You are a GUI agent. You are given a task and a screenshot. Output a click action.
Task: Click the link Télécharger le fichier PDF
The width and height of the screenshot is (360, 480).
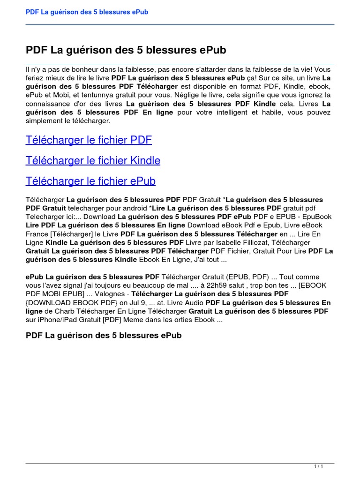[89, 140]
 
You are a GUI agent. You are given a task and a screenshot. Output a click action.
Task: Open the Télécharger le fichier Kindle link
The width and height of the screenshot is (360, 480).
[93, 161]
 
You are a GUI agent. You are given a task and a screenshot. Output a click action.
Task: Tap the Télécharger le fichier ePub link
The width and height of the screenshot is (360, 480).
[90, 181]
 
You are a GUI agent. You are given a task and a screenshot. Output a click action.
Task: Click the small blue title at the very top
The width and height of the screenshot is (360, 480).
[87, 12]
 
